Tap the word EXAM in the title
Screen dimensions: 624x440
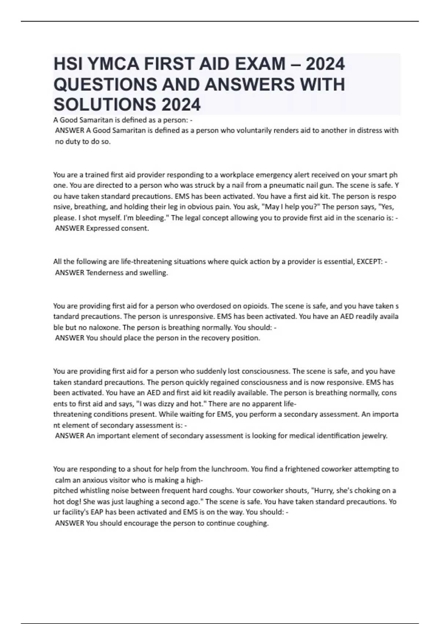point(258,64)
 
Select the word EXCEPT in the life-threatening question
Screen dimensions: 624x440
point(369,262)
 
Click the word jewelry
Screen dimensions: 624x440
point(374,436)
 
